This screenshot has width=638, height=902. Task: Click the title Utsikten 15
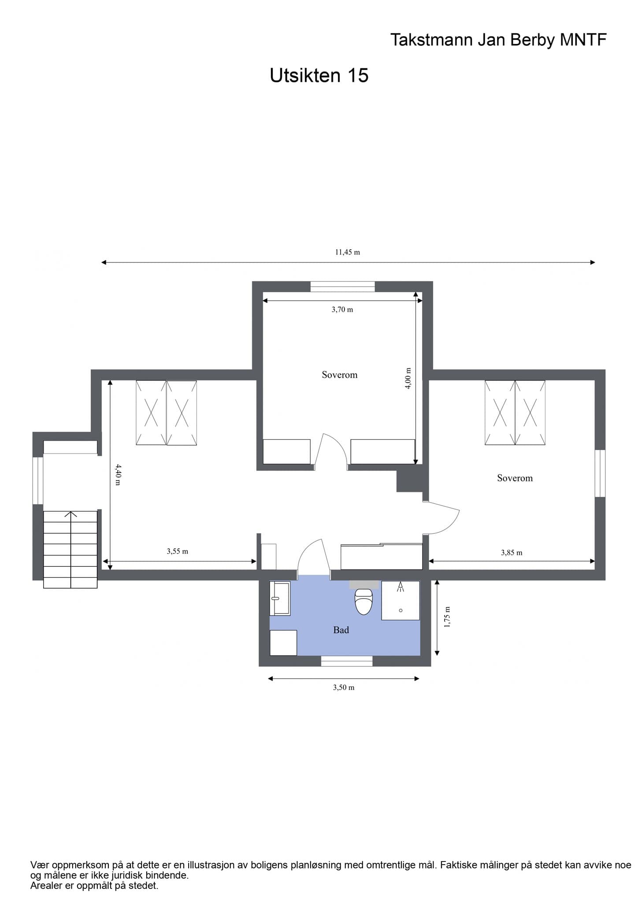click(x=319, y=76)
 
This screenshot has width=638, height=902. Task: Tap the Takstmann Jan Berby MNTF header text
click(x=498, y=40)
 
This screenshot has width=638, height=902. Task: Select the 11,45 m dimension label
click(x=348, y=252)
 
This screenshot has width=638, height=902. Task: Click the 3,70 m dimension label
click(x=342, y=310)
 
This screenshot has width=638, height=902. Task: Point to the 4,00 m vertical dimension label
click(x=408, y=378)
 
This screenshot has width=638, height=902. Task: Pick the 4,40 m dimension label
click(x=117, y=474)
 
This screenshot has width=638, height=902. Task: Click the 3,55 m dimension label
click(x=178, y=551)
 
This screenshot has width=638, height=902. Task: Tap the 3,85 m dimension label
click(x=512, y=553)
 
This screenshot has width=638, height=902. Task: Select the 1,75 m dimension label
click(x=447, y=617)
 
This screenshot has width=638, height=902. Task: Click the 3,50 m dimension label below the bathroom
click(x=344, y=688)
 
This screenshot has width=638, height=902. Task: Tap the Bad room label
click(x=341, y=630)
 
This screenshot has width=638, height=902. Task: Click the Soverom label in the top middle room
click(x=340, y=375)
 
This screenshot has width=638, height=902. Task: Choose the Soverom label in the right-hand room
click(x=515, y=478)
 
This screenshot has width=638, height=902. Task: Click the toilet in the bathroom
click(x=364, y=600)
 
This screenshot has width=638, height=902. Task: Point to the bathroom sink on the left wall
click(x=280, y=598)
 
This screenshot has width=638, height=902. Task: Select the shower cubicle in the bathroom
click(x=401, y=600)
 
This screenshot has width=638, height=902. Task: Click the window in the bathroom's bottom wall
click(x=347, y=661)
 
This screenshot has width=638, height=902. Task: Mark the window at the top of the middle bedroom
click(x=343, y=287)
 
